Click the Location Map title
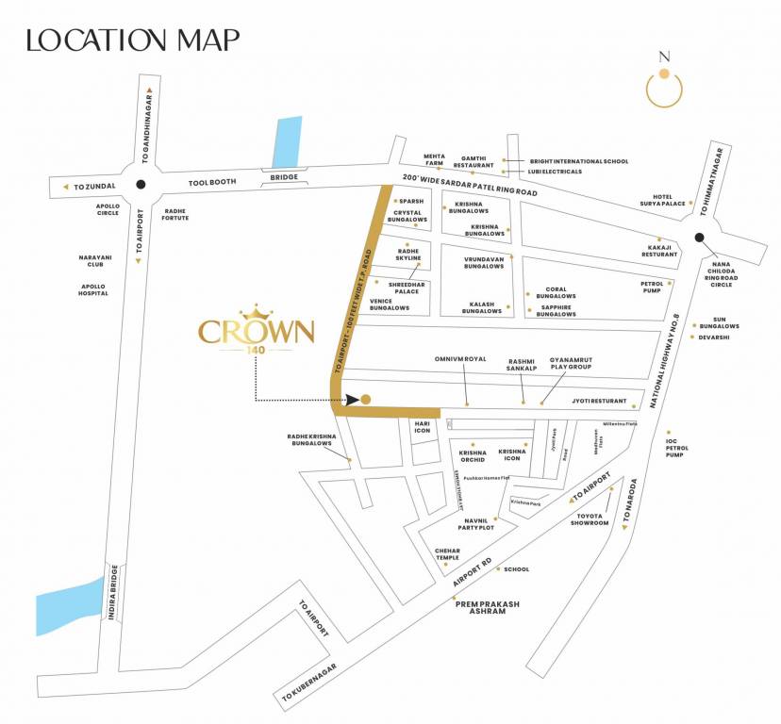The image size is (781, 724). [133, 40]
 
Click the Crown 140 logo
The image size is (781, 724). [256, 330]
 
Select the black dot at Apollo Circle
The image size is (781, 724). [141, 186]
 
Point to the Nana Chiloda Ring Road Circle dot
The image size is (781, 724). [699, 239]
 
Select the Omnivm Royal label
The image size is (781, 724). [460, 359]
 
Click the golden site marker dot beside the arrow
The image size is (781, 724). [366, 399]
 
